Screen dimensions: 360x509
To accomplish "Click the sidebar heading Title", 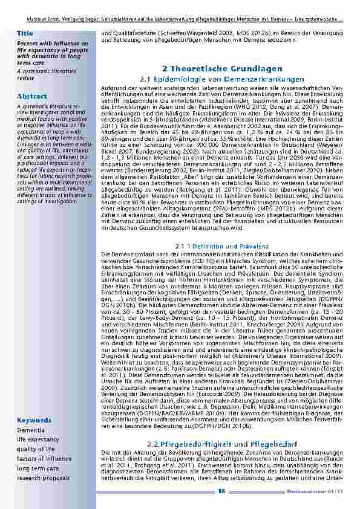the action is tap(25, 33).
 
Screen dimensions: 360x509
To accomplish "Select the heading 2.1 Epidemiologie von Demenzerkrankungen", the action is tap(221, 79).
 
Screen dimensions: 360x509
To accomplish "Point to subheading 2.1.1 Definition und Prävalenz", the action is tap(221, 247).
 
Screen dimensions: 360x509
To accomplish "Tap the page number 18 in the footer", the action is tap(222, 491).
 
